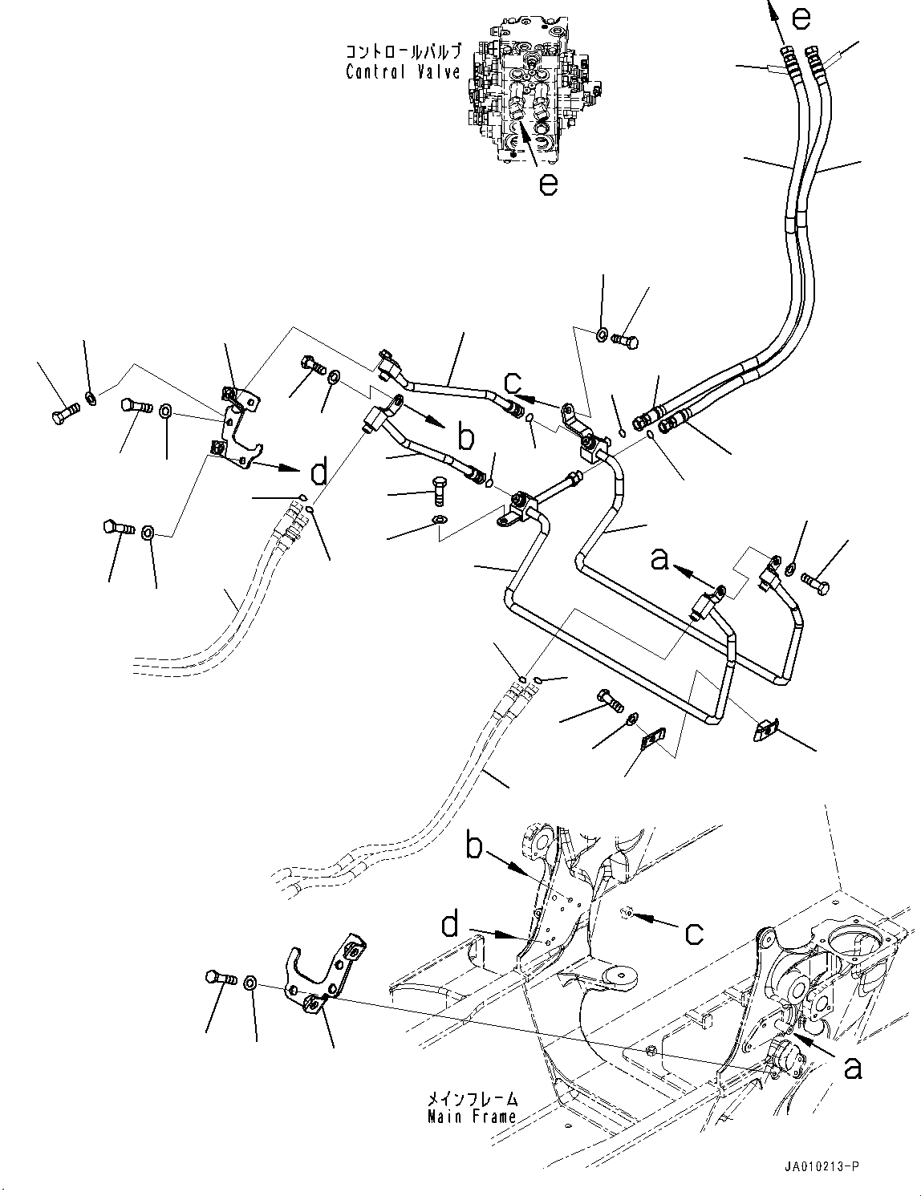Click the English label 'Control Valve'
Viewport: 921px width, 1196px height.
403,72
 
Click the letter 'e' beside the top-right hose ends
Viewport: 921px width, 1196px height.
802,17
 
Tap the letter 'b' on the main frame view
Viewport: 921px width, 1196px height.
474,847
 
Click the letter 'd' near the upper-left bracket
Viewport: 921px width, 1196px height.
318,473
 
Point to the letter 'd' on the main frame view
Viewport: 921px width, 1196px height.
450,926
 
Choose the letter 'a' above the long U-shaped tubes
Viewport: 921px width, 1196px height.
659,558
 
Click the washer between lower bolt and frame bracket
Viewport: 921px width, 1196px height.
251,983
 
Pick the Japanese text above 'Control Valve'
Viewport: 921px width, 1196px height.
403,53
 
